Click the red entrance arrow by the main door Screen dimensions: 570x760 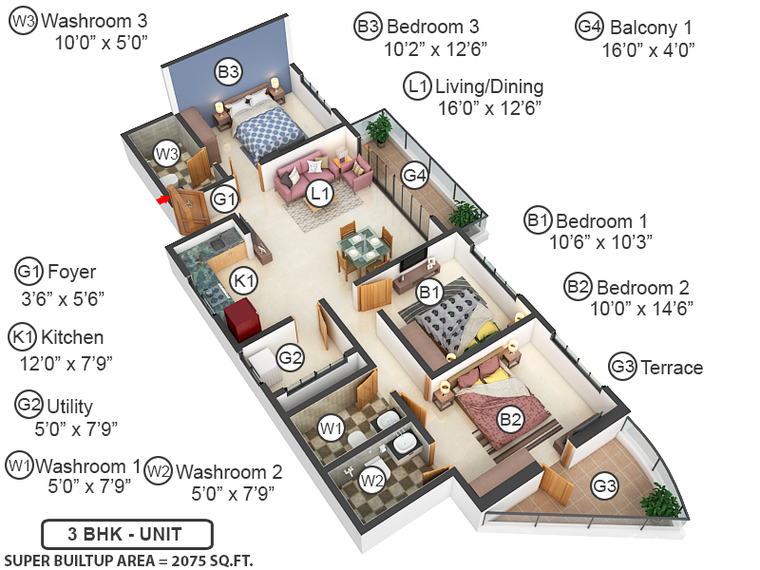coord(163,199)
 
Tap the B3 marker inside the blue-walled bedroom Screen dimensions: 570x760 coord(228,71)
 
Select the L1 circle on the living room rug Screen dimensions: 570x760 coord(321,194)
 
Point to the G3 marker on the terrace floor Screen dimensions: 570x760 coord(604,488)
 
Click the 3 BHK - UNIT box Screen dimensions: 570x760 coord(126,533)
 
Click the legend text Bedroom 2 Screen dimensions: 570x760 coord(643,287)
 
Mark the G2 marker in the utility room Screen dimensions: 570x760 coord(290,358)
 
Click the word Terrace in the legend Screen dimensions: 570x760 coord(672,367)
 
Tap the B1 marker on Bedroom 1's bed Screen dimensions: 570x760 coord(429,292)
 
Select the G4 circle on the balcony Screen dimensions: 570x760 coord(414,175)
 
